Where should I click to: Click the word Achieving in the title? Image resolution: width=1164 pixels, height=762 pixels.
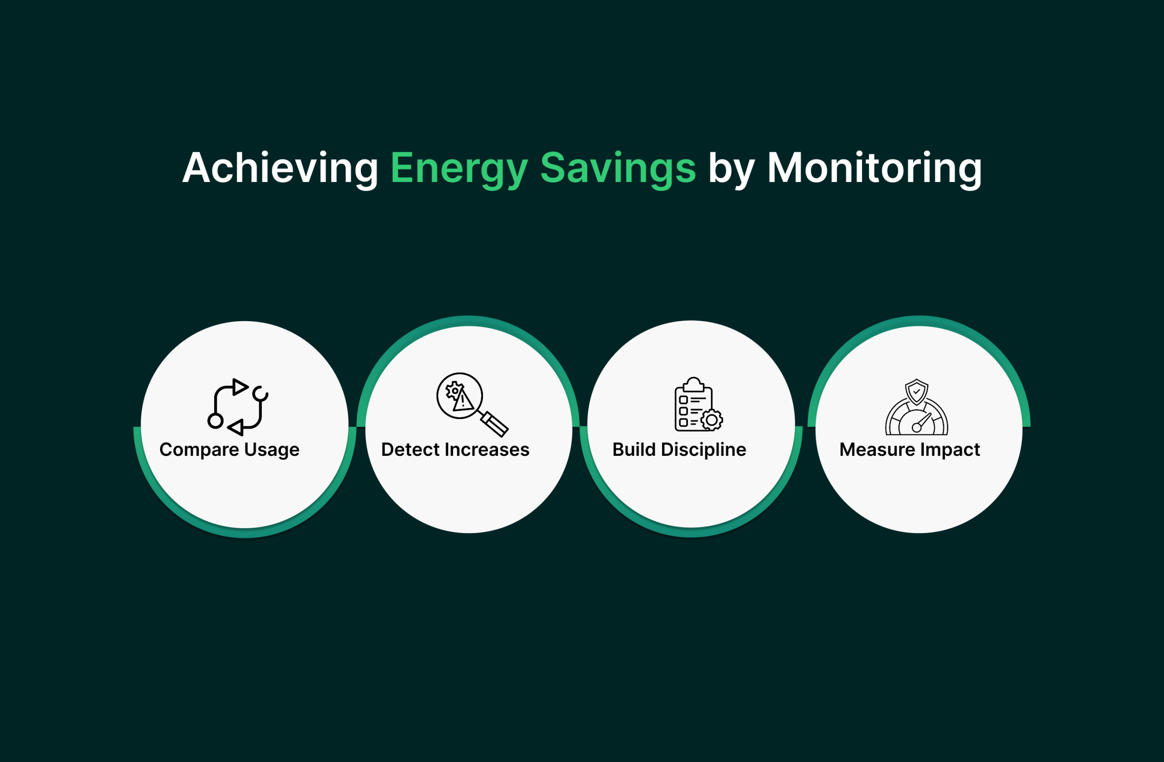280,168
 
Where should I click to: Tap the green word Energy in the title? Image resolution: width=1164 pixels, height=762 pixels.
458,169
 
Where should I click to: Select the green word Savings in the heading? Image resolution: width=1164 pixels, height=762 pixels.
618,169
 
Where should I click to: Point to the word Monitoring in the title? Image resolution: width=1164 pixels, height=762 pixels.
874,168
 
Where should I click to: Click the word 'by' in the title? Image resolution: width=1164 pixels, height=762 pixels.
731,169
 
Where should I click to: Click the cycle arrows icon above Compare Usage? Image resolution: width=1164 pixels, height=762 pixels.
238,407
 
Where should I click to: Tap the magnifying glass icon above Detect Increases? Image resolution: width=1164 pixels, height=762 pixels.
472,404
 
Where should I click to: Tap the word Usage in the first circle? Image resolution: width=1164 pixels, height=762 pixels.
271,450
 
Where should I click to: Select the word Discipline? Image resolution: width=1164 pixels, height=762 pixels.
703,449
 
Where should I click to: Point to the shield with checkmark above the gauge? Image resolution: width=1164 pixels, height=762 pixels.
917,392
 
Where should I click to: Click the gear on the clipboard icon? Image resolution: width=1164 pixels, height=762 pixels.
712,420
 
